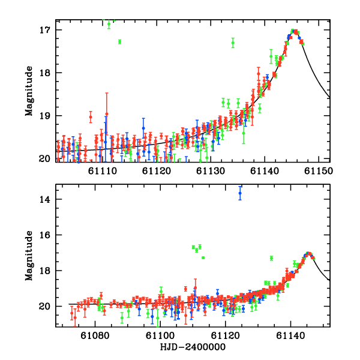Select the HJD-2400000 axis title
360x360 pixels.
click(193, 347)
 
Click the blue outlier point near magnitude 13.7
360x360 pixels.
click(240, 193)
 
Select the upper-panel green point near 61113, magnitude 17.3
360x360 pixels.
click(119, 41)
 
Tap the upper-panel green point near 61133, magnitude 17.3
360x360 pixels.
click(233, 43)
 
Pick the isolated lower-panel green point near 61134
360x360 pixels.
click(271, 258)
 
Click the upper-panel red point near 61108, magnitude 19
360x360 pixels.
click(91, 116)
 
